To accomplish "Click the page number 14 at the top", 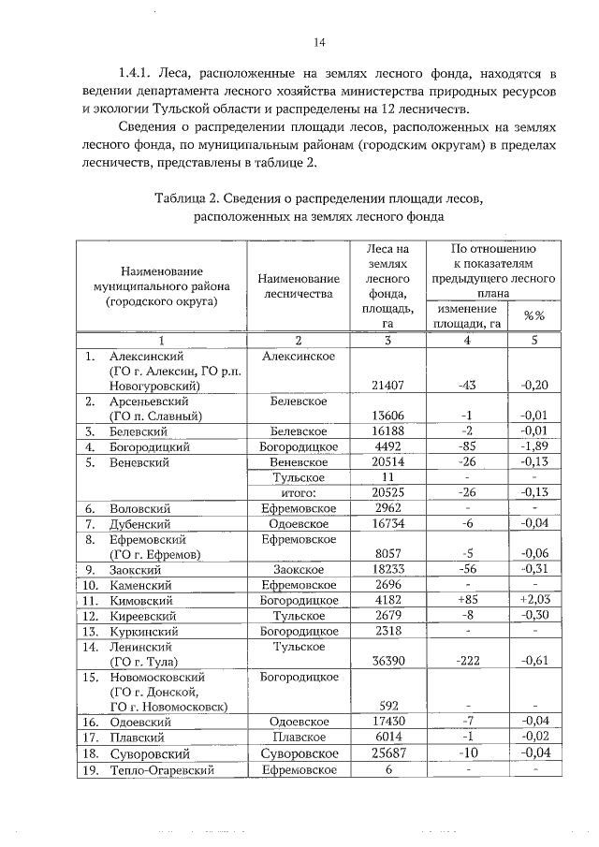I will [x=318, y=42].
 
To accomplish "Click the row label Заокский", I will [x=139, y=569].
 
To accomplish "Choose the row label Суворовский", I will [x=150, y=752].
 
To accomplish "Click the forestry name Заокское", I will [x=299, y=569].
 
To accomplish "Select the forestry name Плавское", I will [x=299, y=737].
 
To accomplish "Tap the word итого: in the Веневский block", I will [x=299, y=493].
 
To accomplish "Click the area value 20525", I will [x=387, y=493].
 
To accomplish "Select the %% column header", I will [x=533, y=315].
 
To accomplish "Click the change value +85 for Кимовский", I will [x=467, y=599].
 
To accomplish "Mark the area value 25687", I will [x=387, y=752].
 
